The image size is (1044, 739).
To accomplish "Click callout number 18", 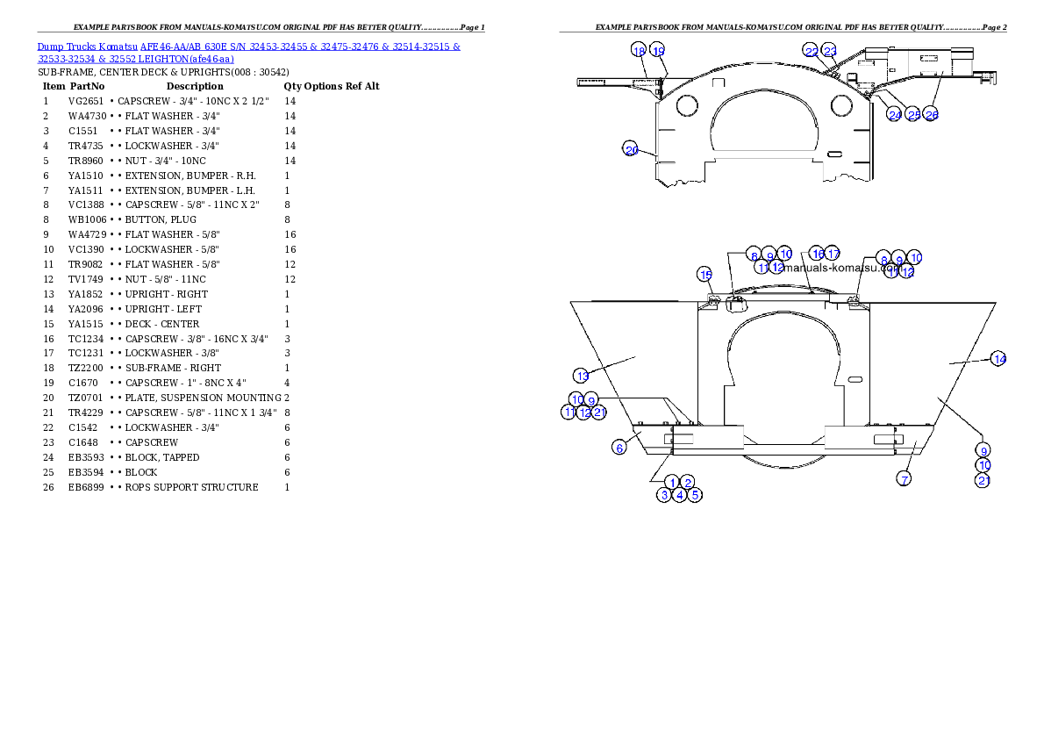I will (x=639, y=51).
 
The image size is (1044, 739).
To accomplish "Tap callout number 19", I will (x=658, y=51).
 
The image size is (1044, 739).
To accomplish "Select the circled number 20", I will (x=631, y=149).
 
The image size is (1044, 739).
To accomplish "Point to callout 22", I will (x=812, y=52).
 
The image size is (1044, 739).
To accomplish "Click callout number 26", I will (x=932, y=115).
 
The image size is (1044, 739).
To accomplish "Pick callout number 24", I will (x=895, y=115).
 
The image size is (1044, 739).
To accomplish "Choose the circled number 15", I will (x=705, y=275).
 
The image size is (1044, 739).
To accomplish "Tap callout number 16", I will (x=817, y=254).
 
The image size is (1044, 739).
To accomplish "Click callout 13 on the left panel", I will (x=582, y=376).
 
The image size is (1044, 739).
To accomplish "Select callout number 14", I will (x=998, y=358).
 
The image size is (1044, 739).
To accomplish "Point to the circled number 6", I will (x=619, y=448).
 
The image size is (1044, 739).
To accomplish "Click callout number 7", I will (x=904, y=478).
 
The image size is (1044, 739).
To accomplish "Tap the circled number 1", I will (x=673, y=482).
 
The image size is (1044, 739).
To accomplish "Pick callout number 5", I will (x=695, y=495).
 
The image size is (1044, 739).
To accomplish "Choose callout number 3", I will (x=665, y=495).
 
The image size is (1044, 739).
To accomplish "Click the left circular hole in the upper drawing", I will (x=687, y=106).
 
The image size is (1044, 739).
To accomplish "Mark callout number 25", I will (x=913, y=115).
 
